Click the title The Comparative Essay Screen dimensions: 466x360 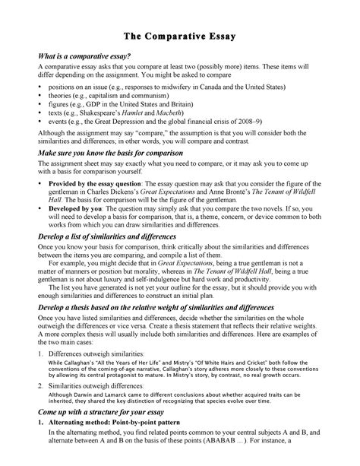[180, 35]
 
